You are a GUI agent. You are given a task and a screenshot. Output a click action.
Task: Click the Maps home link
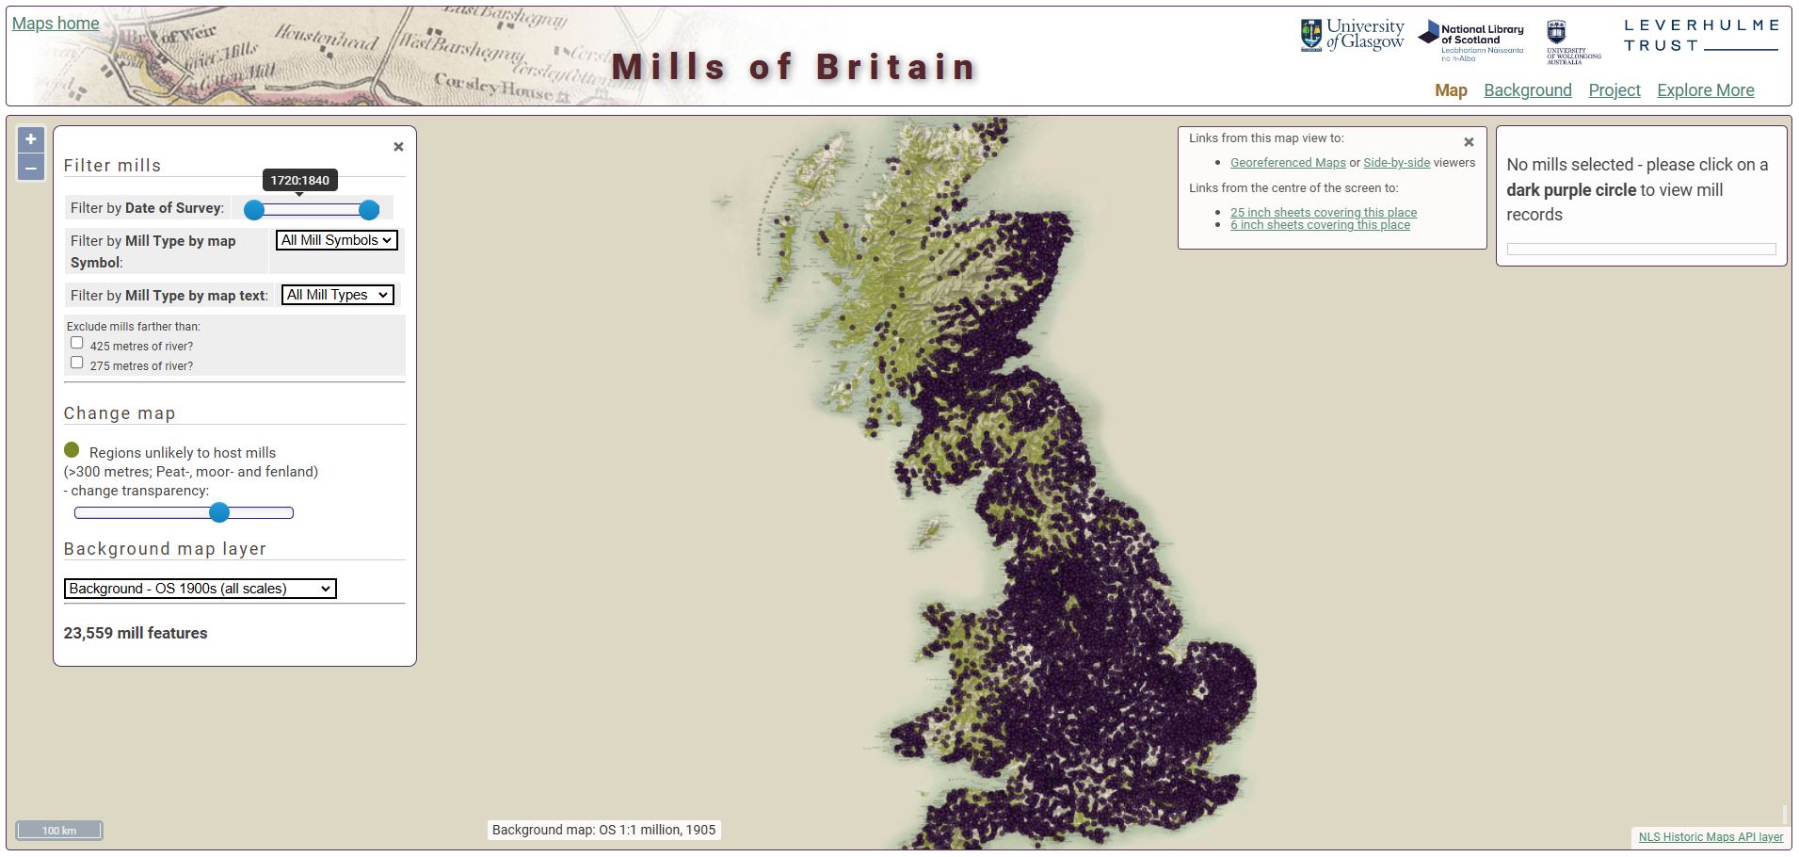[x=56, y=24]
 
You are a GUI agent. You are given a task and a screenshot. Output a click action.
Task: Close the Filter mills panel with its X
[x=398, y=147]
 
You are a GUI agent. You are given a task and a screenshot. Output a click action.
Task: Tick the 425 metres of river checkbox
[x=77, y=343]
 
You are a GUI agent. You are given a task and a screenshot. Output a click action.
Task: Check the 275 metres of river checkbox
[x=77, y=363]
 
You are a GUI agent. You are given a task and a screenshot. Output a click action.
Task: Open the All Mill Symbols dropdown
[x=336, y=240]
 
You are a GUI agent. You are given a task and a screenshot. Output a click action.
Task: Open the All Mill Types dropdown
[x=337, y=295]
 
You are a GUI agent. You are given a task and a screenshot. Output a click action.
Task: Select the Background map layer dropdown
[x=200, y=589]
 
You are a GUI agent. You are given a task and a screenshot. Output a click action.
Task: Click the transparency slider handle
[x=219, y=512]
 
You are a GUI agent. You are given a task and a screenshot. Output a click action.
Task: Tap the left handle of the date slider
[x=254, y=209]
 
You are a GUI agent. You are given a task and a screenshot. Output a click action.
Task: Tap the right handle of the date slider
[x=369, y=209]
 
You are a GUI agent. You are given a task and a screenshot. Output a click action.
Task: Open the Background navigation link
[x=1527, y=90]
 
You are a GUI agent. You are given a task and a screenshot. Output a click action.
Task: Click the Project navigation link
[x=1614, y=90]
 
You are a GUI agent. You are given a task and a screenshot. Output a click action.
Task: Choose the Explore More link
[x=1705, y=90]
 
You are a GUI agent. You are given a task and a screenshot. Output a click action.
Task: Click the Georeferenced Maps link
[x=1287, y=163]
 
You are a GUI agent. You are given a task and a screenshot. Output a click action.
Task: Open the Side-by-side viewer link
[x=1396, y=163]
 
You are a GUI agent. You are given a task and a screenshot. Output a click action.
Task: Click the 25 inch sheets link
[x=1323, y=213]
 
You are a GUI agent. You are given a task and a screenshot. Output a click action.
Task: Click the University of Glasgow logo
[x=1352, y=35]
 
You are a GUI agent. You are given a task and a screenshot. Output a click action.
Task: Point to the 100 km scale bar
[x=59, y=831]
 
